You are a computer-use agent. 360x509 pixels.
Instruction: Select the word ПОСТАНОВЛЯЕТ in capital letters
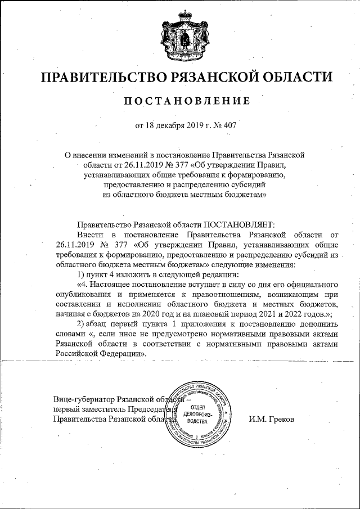(240, 223)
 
